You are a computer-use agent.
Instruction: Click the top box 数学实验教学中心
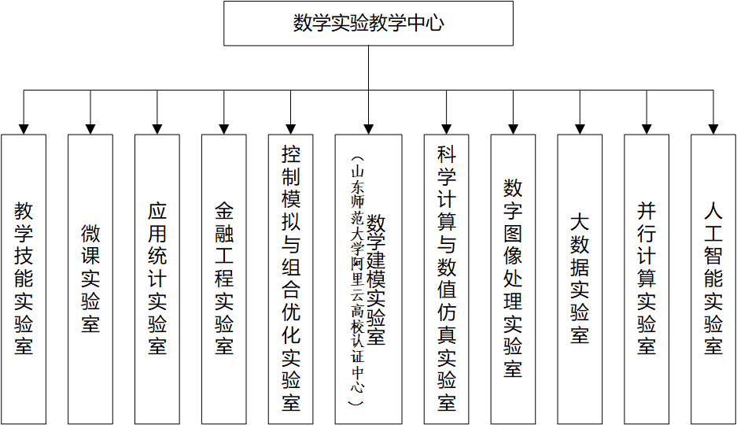pos(368,24)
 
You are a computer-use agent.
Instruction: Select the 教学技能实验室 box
pos(24,279)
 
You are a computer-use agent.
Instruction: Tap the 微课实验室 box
pos(90,279)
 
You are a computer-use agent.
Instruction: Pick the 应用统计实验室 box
pos(157,279)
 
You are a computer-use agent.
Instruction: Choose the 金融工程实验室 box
pos(223,279)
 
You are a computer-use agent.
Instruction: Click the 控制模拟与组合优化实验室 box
pos(290,279)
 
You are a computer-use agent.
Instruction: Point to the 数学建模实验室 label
pos(376,279)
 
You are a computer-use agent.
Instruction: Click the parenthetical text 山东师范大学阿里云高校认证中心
pos(358,281)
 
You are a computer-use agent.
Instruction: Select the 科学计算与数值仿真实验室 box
pos(446,279)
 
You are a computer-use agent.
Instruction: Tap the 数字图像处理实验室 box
pos(513,279)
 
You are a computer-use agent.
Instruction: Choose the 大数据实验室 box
pos(580,279)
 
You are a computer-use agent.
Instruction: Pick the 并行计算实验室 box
pos(647,279)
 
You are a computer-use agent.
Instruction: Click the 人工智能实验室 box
pos(713,279)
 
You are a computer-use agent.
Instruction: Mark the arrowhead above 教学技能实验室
pos(24,129)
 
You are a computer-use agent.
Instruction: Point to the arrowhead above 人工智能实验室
pos(713,129)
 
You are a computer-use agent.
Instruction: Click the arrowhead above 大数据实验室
pos(580,129)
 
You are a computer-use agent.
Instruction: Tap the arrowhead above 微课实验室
pos(90,129)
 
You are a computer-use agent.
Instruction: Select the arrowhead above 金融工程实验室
pos(223,129)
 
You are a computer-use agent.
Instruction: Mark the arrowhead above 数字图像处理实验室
pos(513,129)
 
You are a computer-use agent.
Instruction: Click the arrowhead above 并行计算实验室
pos(647,129)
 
